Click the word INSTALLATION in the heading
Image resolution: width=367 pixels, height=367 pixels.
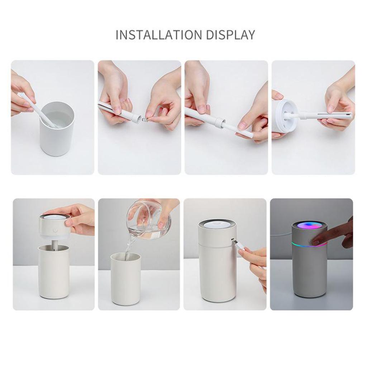point(159,35)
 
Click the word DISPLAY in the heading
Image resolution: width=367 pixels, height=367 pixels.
point(230,35)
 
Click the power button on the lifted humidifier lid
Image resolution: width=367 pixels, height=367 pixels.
point(55,230)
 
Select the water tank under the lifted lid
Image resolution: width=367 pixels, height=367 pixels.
point(54,272)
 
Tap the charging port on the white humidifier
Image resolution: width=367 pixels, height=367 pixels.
point(232,239)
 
